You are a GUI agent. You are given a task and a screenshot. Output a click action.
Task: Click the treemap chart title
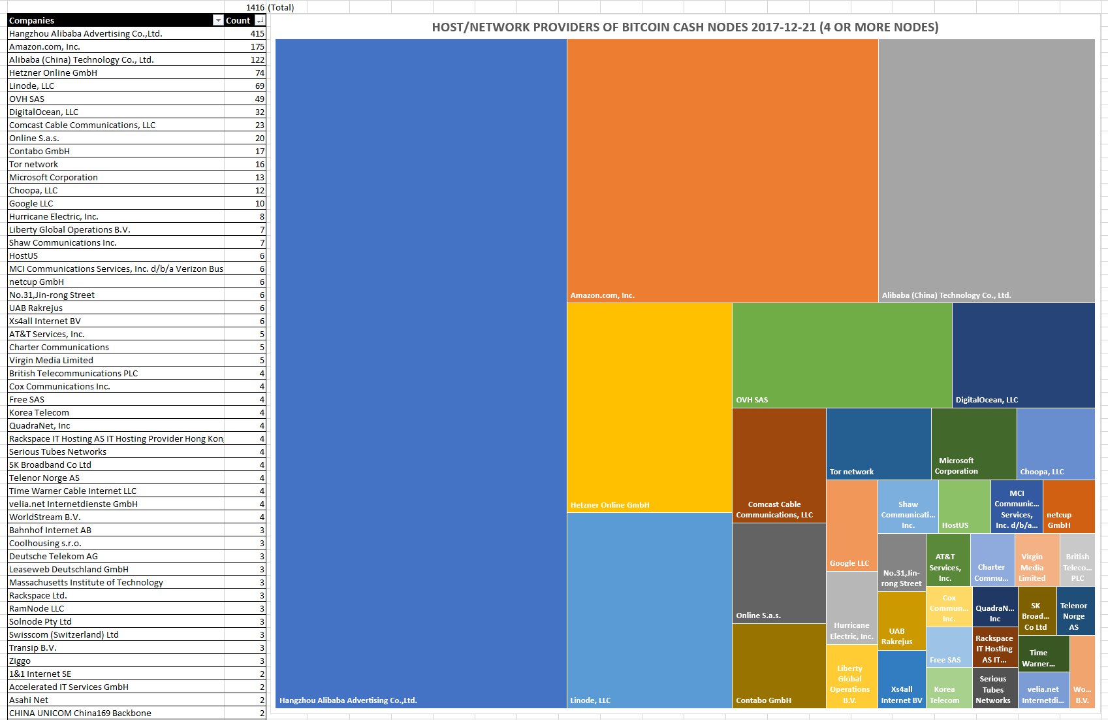point(685,27)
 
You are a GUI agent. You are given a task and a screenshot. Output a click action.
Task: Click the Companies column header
point(111,20)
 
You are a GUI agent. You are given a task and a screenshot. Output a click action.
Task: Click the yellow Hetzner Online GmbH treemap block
point(649,407)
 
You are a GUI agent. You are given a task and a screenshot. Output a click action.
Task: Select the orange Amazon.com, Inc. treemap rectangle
point(722,170)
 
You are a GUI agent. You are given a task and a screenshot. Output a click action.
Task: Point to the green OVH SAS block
point(842,355)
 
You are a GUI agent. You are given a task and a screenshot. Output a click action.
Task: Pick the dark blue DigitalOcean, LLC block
point(1023,355)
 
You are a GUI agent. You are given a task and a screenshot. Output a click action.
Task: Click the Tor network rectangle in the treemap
point(878,443)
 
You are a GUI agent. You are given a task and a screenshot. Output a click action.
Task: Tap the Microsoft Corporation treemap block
point(973,443)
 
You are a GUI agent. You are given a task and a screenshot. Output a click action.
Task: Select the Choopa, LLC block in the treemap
point(1056,443)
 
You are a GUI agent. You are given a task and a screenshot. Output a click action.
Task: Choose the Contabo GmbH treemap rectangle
point(778,665)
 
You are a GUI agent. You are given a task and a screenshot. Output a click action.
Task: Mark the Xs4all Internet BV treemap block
point(901,679)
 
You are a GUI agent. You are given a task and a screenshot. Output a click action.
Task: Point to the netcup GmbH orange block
point(1068,506)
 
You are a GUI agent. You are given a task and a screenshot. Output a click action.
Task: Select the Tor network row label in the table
point(34,164)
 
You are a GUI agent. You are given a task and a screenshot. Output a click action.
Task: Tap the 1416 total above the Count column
point(255,7)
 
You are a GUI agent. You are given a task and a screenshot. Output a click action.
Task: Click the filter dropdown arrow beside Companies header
point(218,20)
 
